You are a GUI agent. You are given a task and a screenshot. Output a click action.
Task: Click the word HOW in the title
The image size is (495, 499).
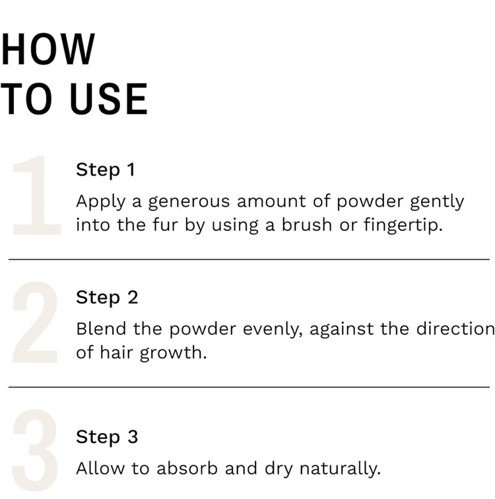[x=48, y=49]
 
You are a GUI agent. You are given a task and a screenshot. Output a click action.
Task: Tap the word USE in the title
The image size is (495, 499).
[x=109, y=98]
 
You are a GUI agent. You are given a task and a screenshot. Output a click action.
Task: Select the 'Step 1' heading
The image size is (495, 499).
[x=106, y=170]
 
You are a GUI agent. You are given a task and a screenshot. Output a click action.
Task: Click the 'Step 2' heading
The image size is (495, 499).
[x=107, y=298]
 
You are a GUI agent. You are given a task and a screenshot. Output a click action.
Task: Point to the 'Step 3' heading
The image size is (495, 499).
[x=107, y=438]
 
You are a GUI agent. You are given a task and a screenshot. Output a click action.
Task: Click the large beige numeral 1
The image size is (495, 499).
[x=36, y=195]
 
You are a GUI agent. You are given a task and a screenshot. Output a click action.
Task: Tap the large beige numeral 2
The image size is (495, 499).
[x=35, y=322]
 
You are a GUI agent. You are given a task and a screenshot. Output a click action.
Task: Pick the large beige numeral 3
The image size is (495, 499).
[x=35, y=450]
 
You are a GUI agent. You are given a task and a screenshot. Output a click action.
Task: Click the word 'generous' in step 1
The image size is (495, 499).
[x=189, y=203]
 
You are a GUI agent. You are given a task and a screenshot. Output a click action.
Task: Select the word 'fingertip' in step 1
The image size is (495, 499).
[x=403, y=225]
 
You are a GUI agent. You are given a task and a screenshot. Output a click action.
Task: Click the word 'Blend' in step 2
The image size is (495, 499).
[x=101, y=329]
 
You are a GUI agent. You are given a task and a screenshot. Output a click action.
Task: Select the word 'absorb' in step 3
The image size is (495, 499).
[x=187, y=469]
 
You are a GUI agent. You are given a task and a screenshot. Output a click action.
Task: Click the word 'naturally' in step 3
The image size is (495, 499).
[x=340, y=469]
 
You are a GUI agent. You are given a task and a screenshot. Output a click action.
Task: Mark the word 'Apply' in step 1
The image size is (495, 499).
[x=101, y=203]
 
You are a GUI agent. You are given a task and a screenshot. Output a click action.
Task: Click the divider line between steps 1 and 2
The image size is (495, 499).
[x=249, y=259]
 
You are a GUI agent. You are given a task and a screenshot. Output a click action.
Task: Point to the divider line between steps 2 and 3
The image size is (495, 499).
[x=249, y=387]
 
